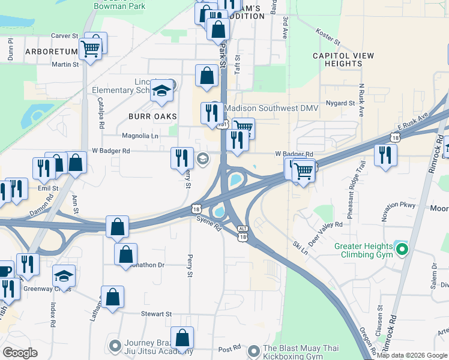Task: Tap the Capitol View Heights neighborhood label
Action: (343, 59)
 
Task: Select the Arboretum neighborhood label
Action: (52, 52)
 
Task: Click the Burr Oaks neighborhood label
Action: (152, 115)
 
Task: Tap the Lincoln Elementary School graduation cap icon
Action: (161, 90)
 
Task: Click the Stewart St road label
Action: (156, 314)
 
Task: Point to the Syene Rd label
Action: (208, 224)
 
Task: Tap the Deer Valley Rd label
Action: (325, 232)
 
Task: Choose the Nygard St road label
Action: (340, 103)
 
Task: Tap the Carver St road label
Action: (65, 36)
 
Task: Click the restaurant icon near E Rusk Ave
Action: (385, 155)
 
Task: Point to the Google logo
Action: (20, 352)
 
